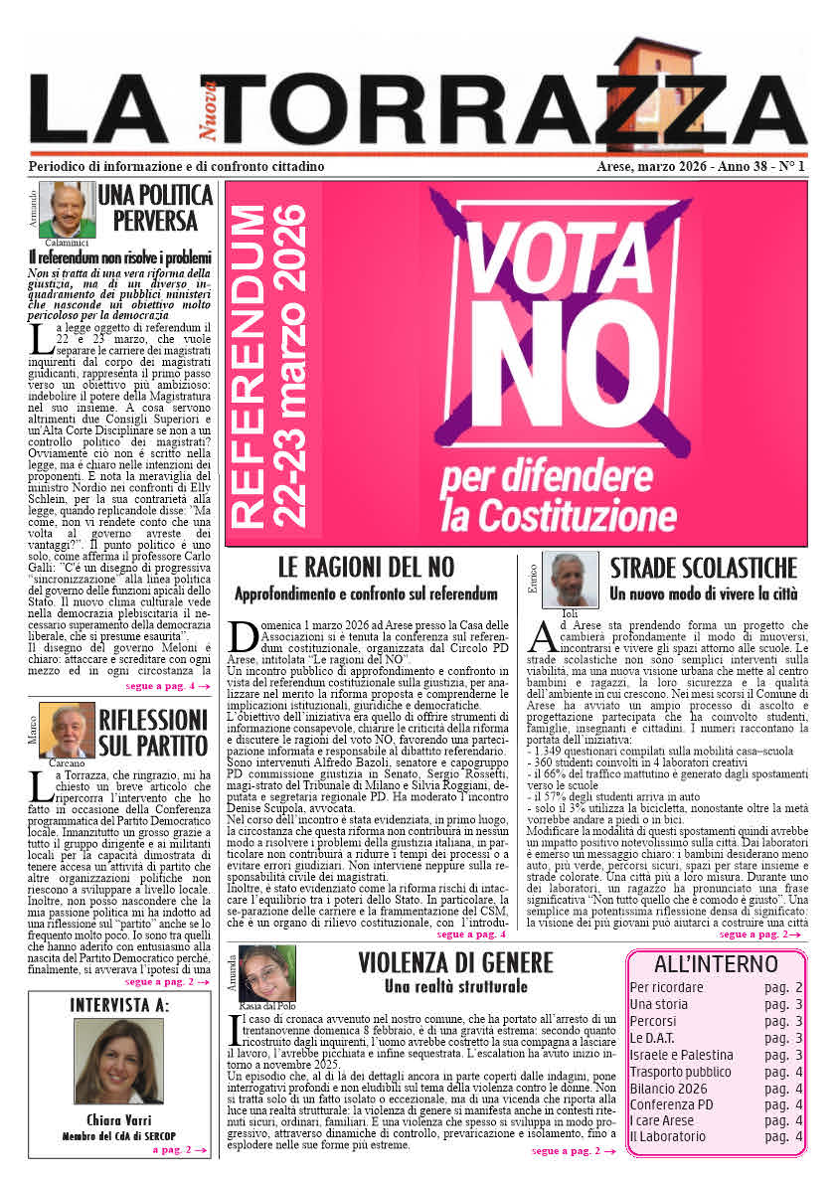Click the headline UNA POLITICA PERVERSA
(156, 207)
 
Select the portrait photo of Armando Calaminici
(67, 210)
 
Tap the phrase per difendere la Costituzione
(544, 498)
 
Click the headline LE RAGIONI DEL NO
(366, 568)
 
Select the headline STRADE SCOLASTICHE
(703, 569)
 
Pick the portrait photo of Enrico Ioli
(570, 579)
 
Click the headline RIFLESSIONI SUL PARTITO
(154, 732)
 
